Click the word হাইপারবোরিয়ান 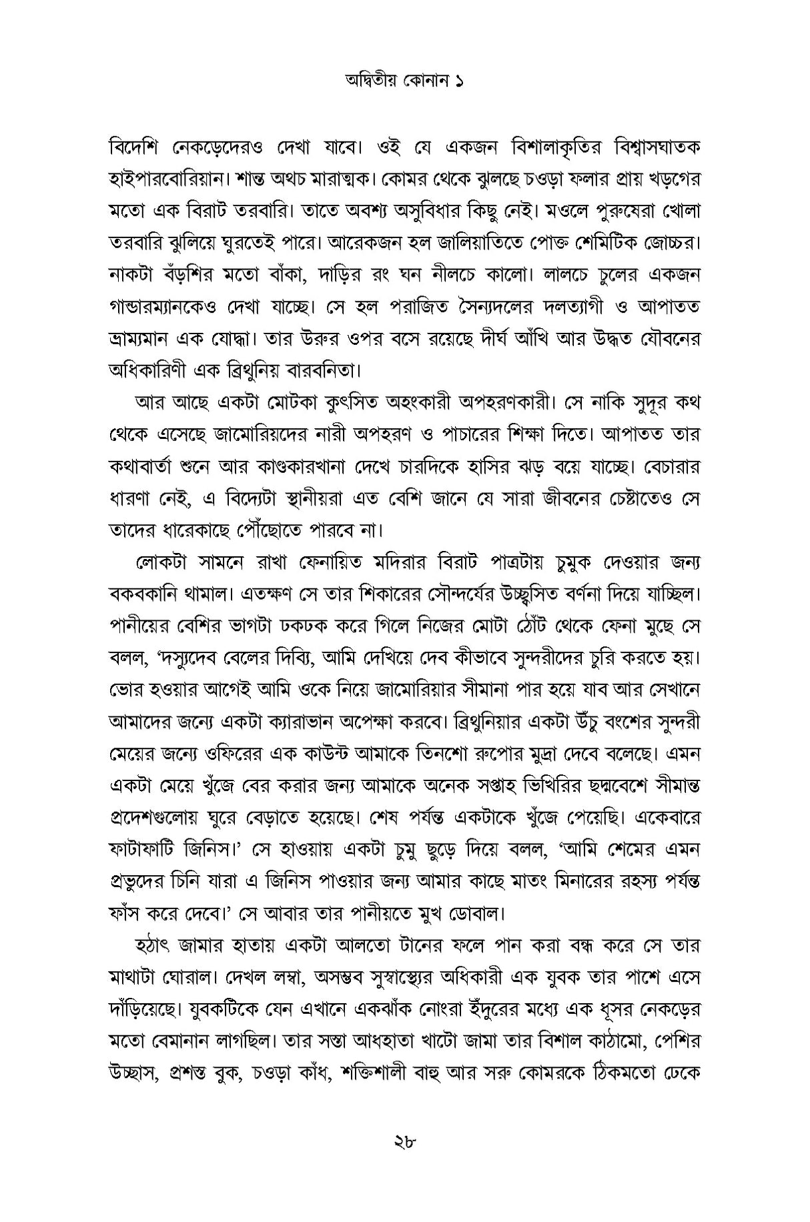point(175,179)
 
